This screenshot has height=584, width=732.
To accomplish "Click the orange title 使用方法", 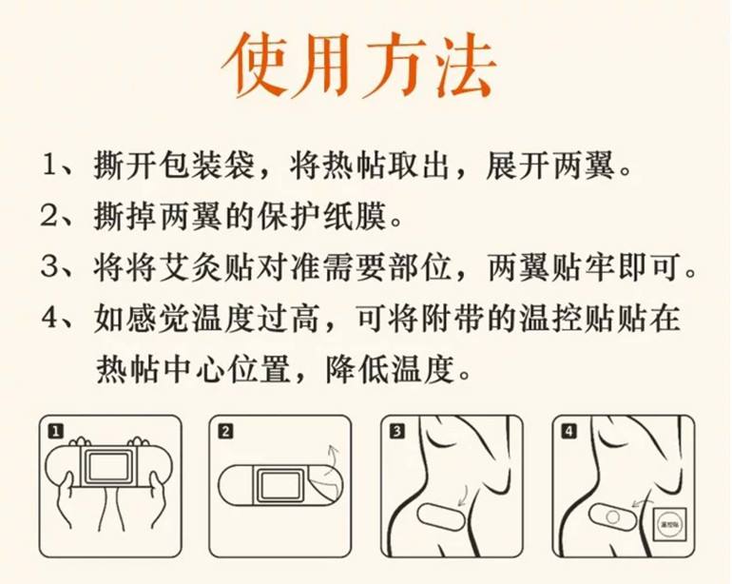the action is [358, 65].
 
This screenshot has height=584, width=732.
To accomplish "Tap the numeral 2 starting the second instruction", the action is [49, 215].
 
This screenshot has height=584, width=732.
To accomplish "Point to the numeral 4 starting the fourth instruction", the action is [49, 318].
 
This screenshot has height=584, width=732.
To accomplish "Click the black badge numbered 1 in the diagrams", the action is [55, 431].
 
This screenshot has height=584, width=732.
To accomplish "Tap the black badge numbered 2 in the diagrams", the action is [225, 431].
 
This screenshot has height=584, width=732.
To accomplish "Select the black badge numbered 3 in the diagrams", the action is [396, 431].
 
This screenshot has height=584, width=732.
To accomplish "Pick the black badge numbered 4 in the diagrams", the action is [568, 431].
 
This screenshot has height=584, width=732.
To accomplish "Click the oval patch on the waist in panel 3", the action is [440, 517].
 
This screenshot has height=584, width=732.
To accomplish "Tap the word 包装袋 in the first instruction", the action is [207, 165].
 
